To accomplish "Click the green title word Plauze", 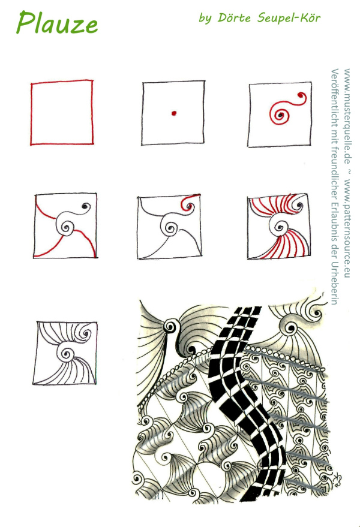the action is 57,23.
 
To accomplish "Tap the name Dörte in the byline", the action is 234,17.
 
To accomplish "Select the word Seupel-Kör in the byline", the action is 289,18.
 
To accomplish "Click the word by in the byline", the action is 205,18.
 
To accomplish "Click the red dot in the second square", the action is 173,113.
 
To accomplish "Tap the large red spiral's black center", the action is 280,116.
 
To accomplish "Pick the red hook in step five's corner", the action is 188,201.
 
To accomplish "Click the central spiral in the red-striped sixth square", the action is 279,227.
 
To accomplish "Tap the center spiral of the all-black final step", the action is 67,353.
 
